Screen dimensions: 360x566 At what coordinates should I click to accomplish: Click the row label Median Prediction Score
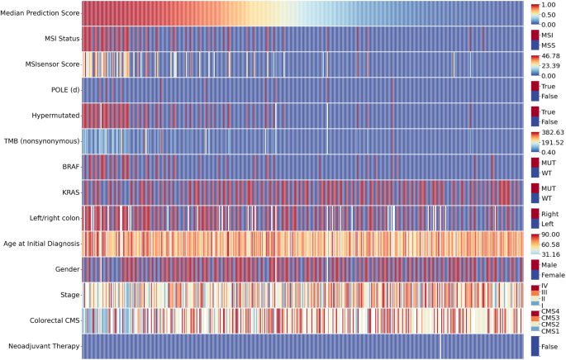(x=40, y=13)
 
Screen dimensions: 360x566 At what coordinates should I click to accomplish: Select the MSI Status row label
(x=61, y=39)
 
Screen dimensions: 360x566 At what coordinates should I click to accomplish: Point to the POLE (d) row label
(x=64, y=90)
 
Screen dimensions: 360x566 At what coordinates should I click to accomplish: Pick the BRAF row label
(x=69, y=167)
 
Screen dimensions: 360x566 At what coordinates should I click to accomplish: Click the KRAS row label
(x=69, y=192)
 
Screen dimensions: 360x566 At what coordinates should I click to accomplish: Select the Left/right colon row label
(x=53, y=218)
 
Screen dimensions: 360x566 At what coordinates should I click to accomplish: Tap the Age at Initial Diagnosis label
(x=40, y=244)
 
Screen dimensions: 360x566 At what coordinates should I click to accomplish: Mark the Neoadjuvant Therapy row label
(x=46, y=346)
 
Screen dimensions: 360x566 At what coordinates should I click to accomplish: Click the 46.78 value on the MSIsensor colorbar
(x=550, y=55)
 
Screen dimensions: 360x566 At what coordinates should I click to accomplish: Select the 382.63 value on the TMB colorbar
(x=552, y=132)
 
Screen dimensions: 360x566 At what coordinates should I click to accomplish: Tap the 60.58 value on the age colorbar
(x=550, y=244)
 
